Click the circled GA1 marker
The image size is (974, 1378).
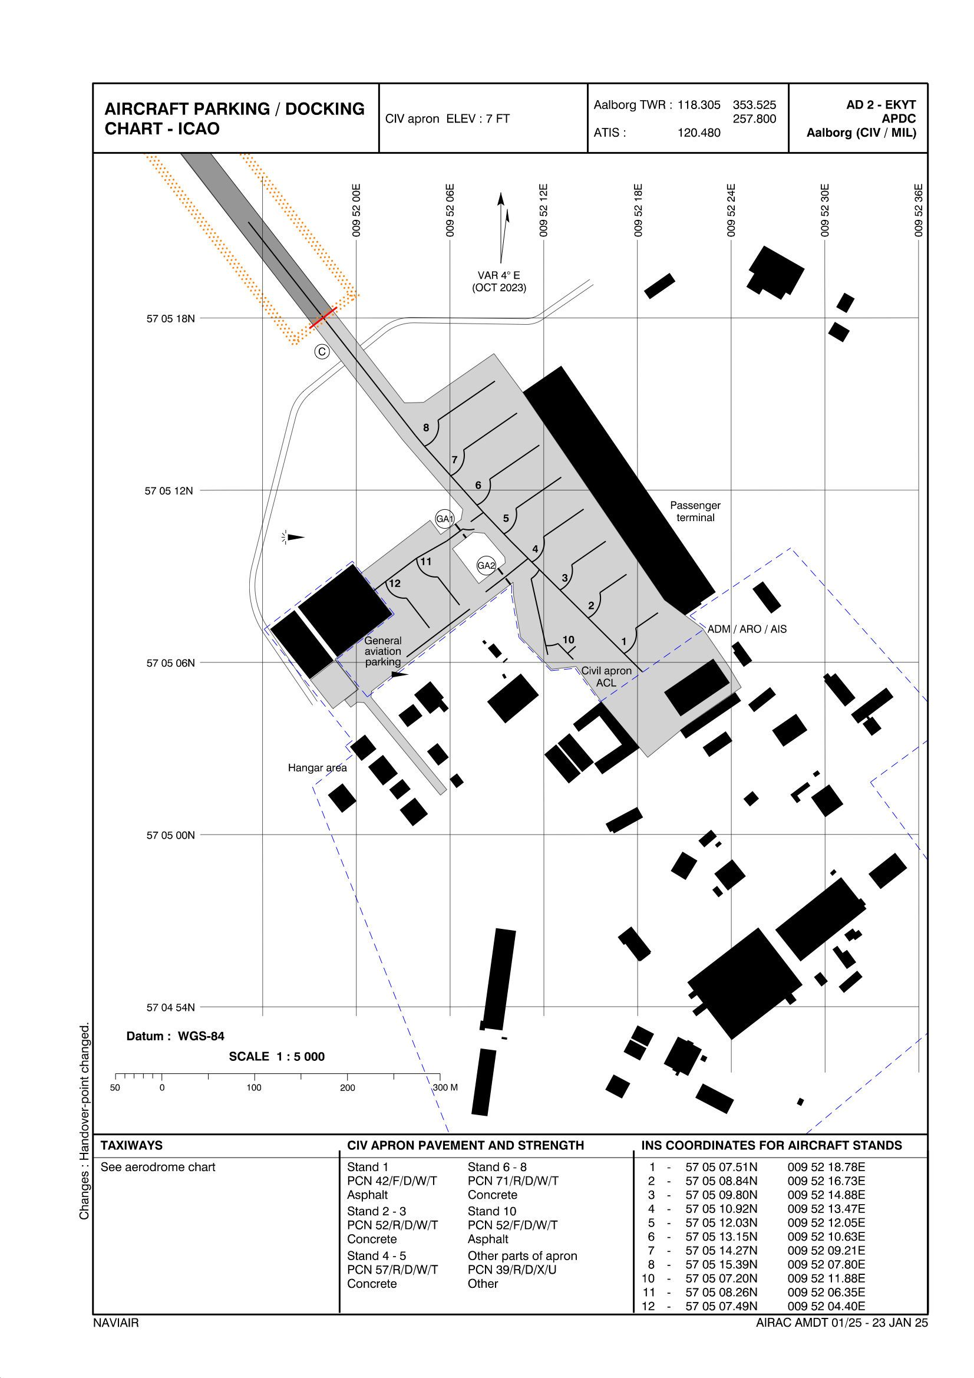coord(444,519)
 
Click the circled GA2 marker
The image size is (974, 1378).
coord(486,565)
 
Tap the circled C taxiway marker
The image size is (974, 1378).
coord(322,352)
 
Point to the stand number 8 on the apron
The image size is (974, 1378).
coord(426,428)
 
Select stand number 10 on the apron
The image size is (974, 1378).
coord(569,640)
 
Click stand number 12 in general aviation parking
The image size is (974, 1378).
coord(394,583)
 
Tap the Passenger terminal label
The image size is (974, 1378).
coord(695,512)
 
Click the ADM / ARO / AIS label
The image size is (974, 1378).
coord(747,629)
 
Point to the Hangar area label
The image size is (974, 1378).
coord(318,767)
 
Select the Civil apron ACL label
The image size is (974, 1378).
coord(606,677)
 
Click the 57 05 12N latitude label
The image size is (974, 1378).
coord(169,491)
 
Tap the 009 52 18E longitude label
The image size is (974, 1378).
coord(638,210)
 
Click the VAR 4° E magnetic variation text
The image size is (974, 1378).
coord(498,275)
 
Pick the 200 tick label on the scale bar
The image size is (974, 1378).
coord(348,1087)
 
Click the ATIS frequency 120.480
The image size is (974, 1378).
coord(699,133)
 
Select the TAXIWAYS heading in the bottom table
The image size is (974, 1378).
coord(131,1145)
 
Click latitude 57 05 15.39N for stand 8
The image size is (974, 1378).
coord(721,1265)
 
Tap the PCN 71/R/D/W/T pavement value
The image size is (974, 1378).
coord(513,1181)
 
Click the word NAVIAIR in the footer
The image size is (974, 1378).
coord(116,1323)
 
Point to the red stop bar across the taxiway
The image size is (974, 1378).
coord(323,317)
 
